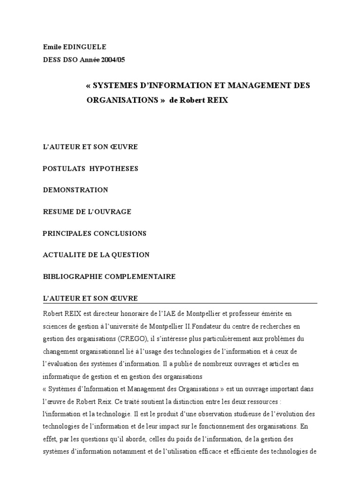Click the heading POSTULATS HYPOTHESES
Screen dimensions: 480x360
coord(90,168)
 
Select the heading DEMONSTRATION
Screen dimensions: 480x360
coord(75,190)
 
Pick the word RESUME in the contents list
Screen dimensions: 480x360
coord(57,211)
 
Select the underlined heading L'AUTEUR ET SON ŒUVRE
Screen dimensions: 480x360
coord(90,298)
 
